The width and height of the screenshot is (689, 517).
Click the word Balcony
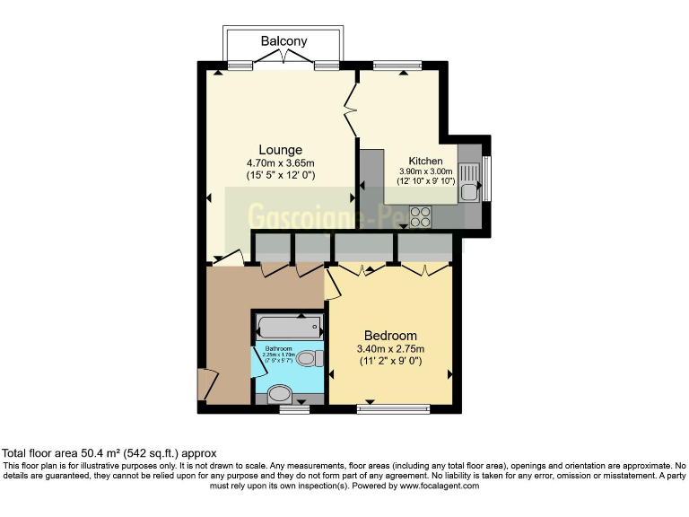pos(283,41)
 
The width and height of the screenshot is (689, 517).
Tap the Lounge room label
pos(280,149)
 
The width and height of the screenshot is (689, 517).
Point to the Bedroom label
pos(390,336)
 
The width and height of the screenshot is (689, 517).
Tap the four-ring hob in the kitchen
pos(420,217)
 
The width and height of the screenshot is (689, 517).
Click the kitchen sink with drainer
pos(469,180)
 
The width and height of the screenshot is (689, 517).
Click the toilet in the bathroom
pos(309,359)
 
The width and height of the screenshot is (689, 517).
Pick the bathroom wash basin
pos(280,393)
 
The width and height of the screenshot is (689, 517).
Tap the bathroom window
pos(292,409)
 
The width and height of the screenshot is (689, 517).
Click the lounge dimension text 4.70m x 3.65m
pos(280,163)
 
